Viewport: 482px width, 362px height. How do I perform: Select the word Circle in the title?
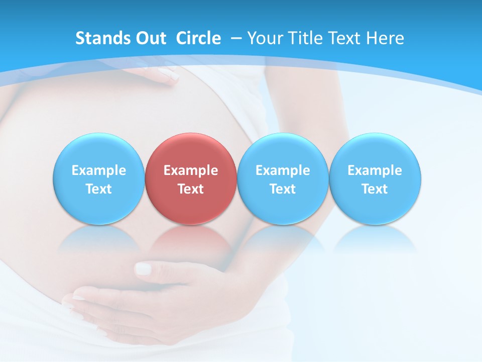pos(198,38)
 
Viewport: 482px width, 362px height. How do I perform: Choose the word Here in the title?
pos(385,38)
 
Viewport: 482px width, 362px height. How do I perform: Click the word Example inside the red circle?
pos(191,170)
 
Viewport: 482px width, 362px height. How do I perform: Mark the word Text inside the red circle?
pos(191,189)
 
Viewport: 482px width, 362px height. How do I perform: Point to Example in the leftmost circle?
pos(98,170)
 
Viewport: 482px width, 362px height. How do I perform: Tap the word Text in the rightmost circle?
pos(375,189)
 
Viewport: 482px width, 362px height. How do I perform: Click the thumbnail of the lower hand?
pos(144,268)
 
